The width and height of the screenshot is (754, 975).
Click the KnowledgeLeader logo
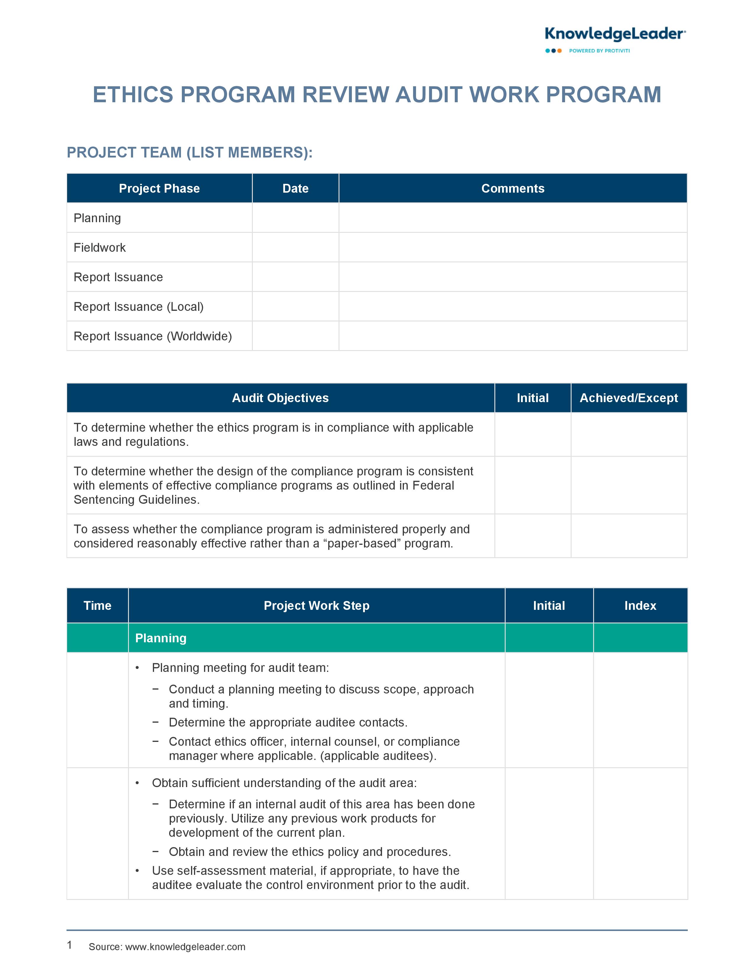click(615, 34)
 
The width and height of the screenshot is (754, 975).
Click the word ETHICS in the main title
click(133, 95)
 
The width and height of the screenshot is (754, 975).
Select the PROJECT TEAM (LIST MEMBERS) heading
click(190, 153)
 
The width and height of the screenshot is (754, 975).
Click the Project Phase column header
click(159, 188)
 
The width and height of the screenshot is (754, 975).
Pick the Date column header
click(295, 188)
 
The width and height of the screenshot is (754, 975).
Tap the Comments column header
click(512, 188)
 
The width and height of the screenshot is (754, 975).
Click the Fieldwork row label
click(100, 248)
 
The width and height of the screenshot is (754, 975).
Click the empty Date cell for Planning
click(295, 218)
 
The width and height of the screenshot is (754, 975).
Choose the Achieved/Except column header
click(629, 398)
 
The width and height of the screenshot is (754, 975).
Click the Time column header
click(97, 605)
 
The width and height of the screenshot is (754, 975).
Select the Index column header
click(640, 605)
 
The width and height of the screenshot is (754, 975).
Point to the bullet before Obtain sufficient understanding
click(137, 783)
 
